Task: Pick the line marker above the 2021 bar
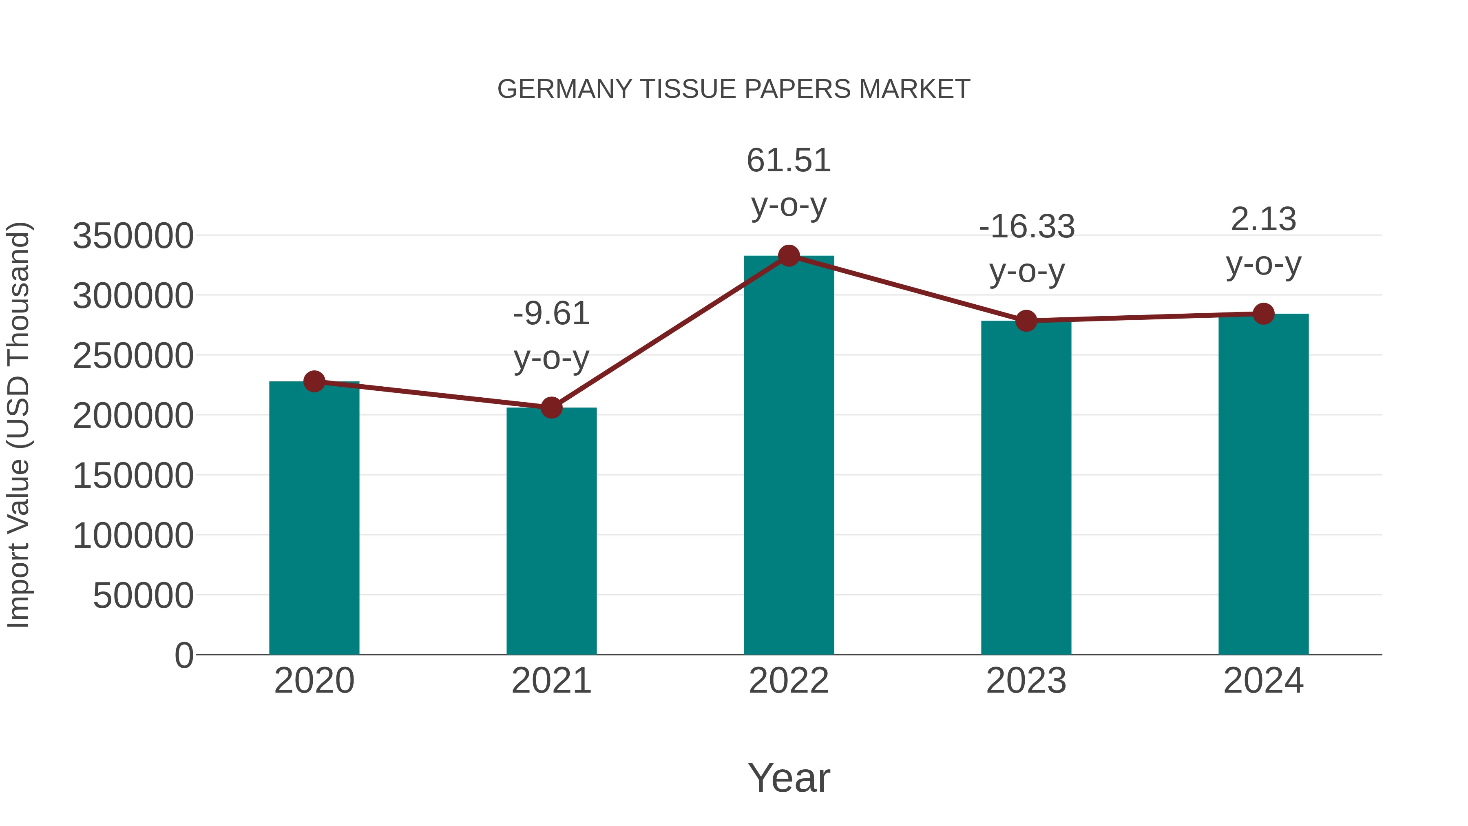[x=551, y=407]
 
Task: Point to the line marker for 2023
[x=1026, y=321]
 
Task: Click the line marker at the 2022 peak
[x=789, y=256]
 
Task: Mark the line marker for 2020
[x=314, y=381]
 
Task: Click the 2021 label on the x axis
[x=551, y=681]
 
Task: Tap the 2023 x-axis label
[x=1026, y=681]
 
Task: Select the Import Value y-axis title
[x=18, y=425]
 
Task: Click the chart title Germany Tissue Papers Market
[x=734, y=89]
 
